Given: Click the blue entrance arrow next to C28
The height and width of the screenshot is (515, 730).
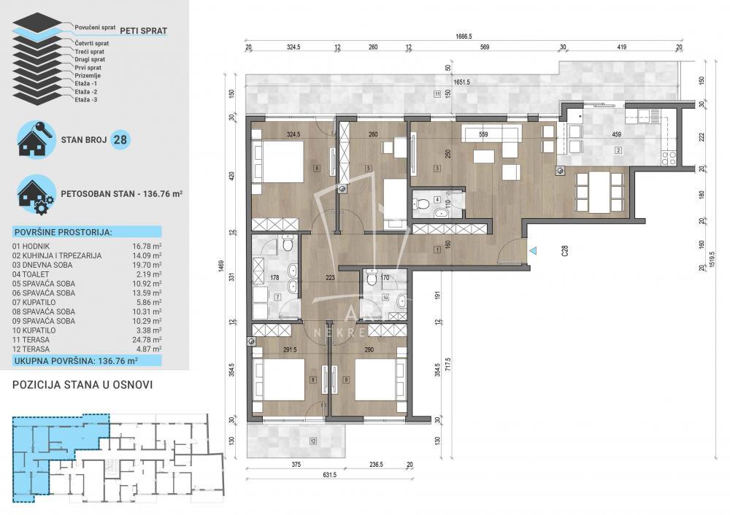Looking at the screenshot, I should point(534,251).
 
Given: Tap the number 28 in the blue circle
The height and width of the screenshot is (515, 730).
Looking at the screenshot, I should point(121,139).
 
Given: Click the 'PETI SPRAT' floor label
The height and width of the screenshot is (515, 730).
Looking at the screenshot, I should point(143,31).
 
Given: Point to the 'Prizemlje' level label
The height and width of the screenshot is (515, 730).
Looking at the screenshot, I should point(88,76).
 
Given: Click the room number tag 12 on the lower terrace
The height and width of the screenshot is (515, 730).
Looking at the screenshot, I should point(312,441).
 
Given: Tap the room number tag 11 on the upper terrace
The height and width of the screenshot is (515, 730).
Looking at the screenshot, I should point(437,93).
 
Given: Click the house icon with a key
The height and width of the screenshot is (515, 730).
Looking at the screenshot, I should point(35,139).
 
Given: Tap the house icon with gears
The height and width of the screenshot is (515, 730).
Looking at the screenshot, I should point(35,194).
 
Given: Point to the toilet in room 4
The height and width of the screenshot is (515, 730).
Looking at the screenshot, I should point(441,213).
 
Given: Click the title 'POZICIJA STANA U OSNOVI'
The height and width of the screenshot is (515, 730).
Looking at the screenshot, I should point(82,384).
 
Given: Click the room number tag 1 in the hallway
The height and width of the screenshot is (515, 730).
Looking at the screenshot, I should point(437,251).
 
